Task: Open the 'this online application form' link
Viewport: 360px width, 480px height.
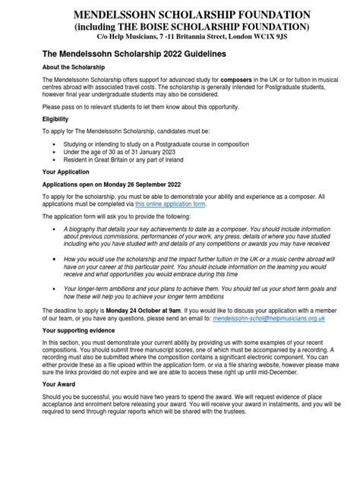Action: point(169,204)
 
